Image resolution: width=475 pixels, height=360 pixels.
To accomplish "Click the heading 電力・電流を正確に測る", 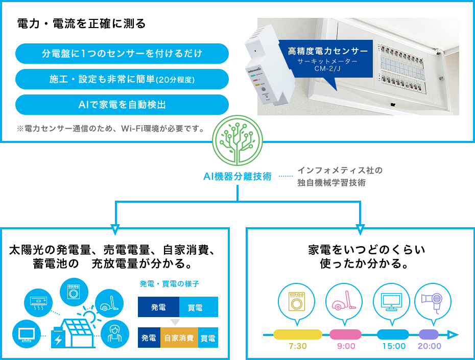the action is (x=82, y=23).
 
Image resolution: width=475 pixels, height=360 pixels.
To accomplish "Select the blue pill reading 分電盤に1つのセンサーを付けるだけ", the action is (x=122, y=54).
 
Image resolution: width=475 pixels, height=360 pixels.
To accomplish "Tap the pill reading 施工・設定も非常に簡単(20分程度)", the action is (x=122, y=79).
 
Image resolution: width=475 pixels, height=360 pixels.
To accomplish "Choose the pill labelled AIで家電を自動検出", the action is (x=122, y=105).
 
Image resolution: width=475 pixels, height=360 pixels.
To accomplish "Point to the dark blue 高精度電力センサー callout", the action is (x=326, y=59).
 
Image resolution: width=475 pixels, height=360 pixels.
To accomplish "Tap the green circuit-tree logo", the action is (x=237, y=140).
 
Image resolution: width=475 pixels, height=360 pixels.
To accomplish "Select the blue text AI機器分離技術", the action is (x=237, y=177).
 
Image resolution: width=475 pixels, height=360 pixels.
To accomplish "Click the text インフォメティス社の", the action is (x=340, y=170).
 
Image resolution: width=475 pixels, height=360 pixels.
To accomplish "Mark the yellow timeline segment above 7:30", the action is (x=297, y=334).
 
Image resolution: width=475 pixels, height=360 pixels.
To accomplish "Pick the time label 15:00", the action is (x=394, y=346).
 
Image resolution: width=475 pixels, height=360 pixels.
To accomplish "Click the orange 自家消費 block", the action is (x=179, y=338).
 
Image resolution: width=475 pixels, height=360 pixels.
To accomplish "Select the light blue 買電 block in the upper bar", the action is (x=198, y=307).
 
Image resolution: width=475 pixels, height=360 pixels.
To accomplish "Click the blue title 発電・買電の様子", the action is (x=170, y=284).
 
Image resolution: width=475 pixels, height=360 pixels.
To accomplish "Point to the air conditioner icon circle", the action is (x=38, y=303).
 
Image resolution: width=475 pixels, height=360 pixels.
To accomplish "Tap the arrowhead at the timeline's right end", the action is (x=453, y=335).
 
